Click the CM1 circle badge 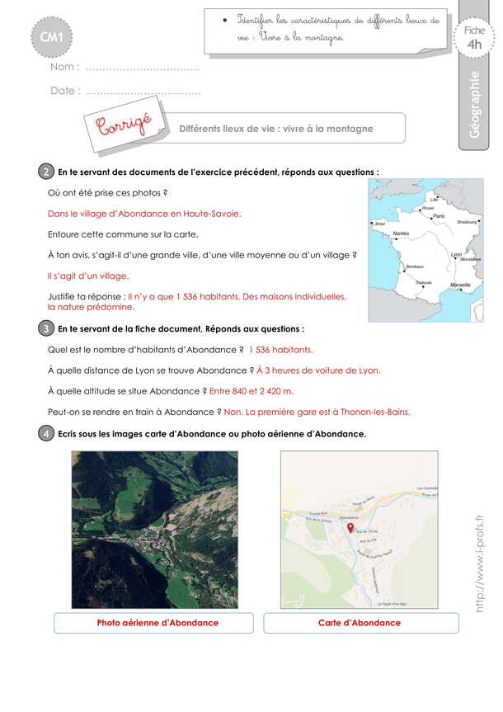click(57, 35)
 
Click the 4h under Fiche click(474, 45)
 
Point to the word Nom click(64, 67)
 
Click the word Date click(64, 91)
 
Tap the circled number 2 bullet click(45, 172)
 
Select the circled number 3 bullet click(45, 328)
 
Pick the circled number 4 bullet click(45, 433)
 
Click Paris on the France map click(438, 216)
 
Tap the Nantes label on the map click(401, 234)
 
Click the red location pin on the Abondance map click(350, 527)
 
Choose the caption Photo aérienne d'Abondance click(157, 623)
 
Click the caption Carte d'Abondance click(360, 623)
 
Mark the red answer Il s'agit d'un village click(88, 276)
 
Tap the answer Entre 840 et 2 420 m click(251, 390)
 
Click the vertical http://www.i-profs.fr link click(479, 562)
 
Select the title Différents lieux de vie click(276, 129)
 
